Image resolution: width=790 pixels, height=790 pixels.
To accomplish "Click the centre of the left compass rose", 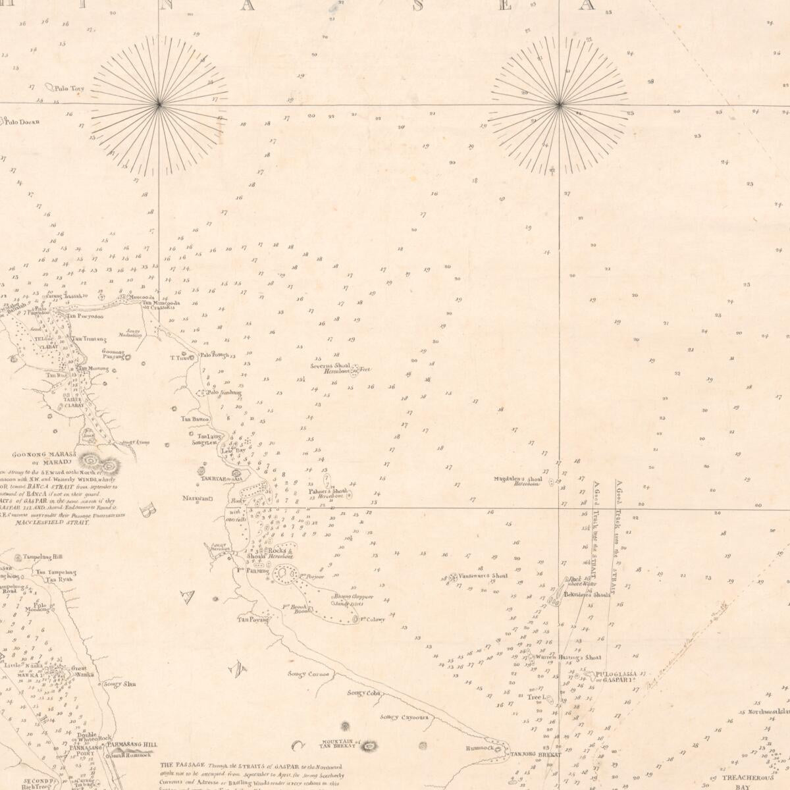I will [159, 104].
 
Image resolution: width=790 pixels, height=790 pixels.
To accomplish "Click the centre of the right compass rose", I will [559, 104].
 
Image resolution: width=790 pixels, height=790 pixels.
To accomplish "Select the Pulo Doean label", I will [22, 121].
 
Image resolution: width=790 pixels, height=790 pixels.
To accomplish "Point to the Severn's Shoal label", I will [334, 365].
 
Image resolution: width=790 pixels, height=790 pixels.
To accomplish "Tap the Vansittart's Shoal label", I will [483, 575].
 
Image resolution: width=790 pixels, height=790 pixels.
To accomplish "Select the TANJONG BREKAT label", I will [536, 754].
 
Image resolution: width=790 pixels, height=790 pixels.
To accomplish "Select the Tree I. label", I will [535, 697].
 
